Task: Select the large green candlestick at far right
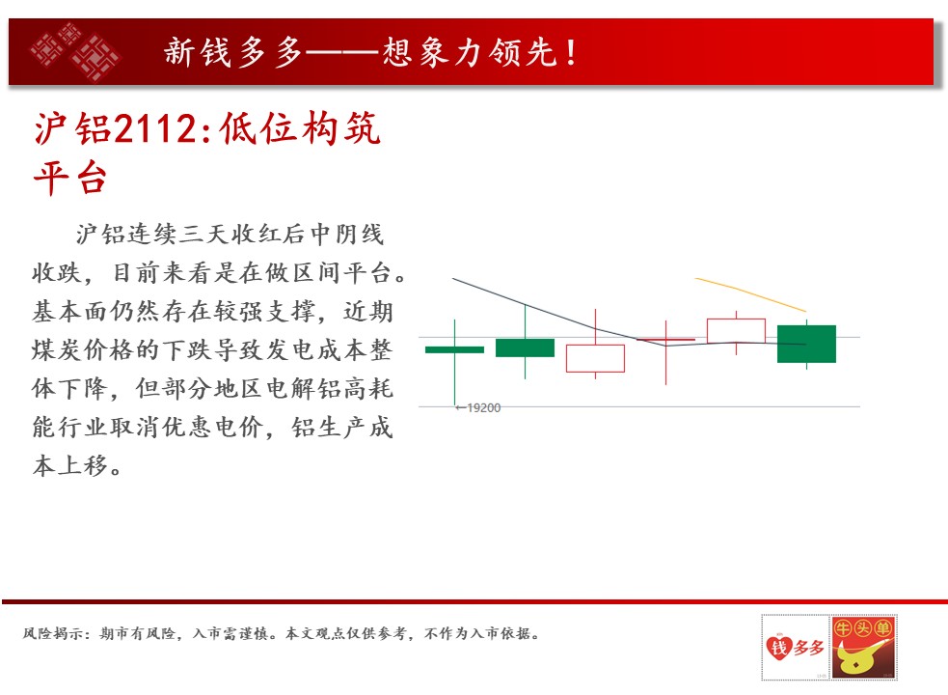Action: click(806, 344)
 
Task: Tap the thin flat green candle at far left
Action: click(454, 350)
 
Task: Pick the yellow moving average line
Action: click(750, 293)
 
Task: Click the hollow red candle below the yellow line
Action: click(736, 331)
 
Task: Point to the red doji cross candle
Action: click(665, 340)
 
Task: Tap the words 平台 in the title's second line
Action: click(70, 178)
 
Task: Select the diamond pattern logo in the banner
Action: click(75, 52)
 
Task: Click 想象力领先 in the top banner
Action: click(469, 52)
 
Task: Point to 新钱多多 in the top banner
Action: click(232, 52)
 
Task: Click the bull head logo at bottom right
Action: click(863, 648)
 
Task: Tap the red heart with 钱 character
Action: click(778, 647)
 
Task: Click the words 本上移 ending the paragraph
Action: click(70, 466)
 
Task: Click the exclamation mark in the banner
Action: click(571, 52)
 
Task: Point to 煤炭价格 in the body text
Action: click(84, 350)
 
